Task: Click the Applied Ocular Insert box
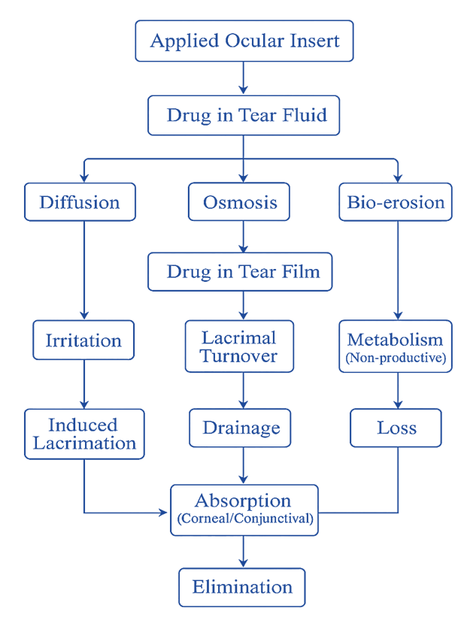[244, 41]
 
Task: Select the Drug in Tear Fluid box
[244, 116]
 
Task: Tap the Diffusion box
[80, 202]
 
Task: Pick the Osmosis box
[240, 202]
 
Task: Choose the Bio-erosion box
[396, 202]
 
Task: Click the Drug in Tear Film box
[244, 271]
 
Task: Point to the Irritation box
[83, 340]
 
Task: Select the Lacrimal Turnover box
[240, 346]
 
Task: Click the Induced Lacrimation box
[83, 434]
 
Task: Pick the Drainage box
[240, 428]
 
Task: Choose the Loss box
[396, 428]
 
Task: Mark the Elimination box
[242, 586]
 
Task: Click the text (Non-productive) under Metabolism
[396, 358]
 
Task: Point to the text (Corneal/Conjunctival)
[244, 519]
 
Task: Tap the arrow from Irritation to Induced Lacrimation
[83, 384]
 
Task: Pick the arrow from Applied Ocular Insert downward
[244, 77]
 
